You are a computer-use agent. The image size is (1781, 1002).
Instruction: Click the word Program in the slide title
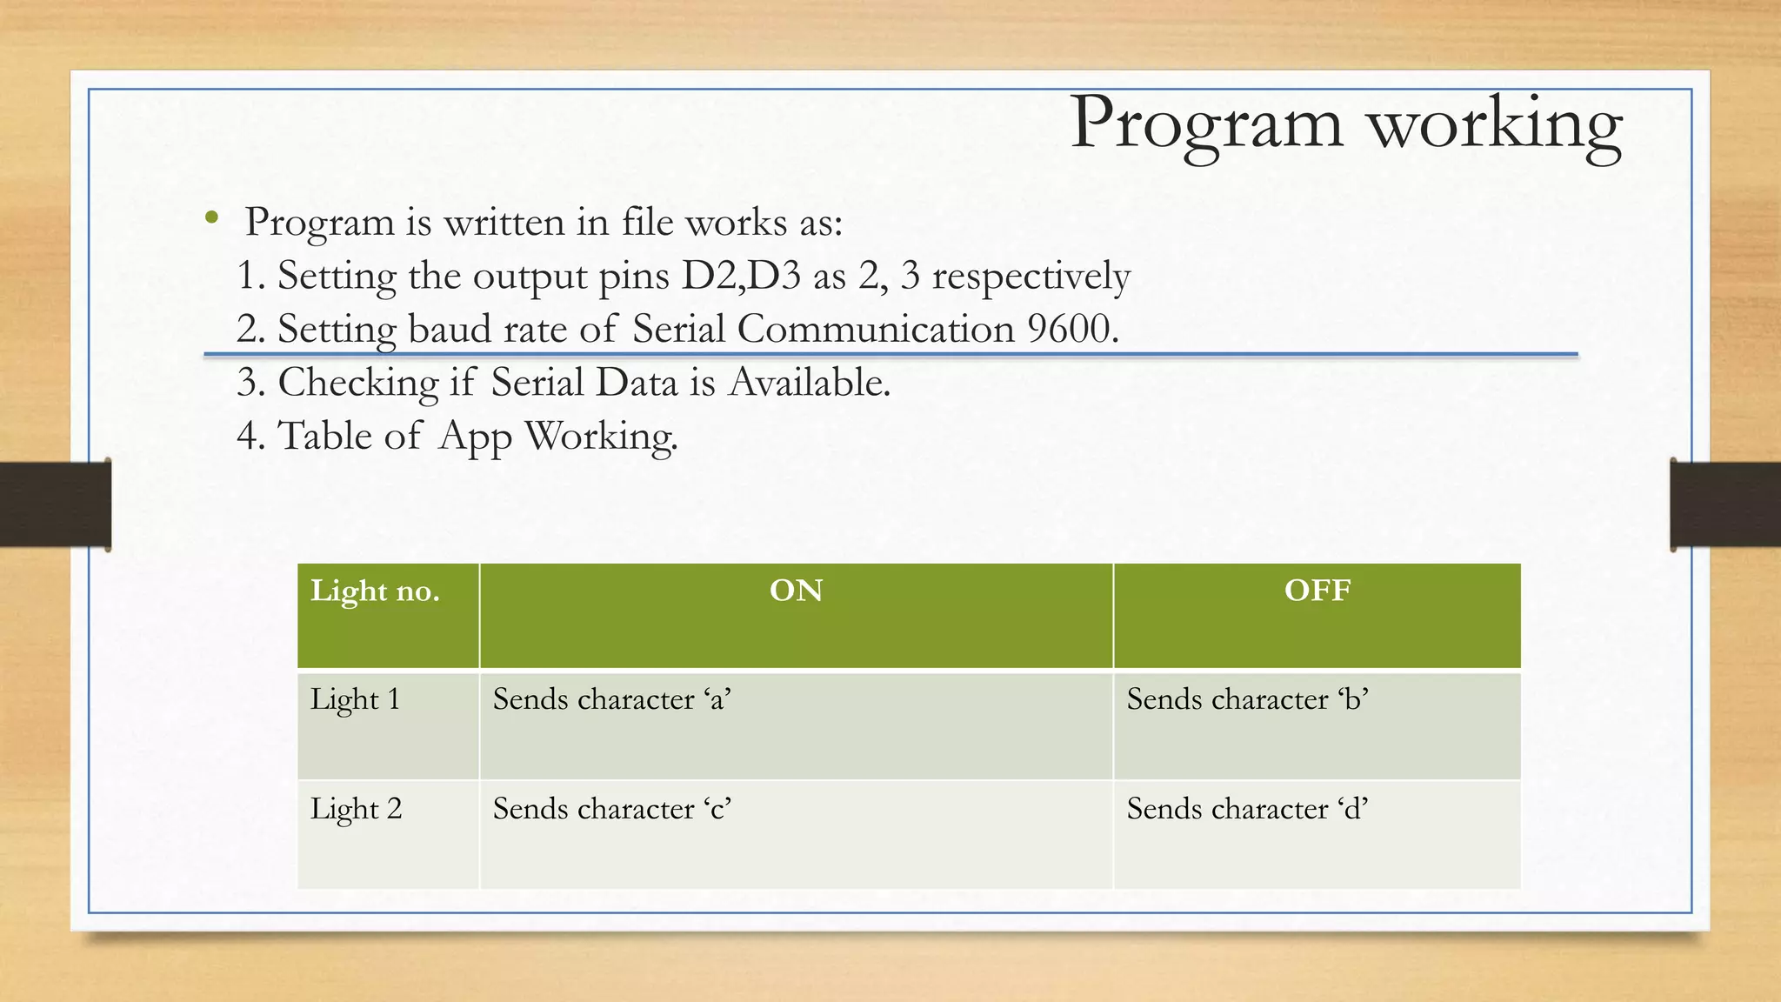[x=1206, y=124]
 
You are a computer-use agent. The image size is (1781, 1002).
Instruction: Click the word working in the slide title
[x=1496, y=124]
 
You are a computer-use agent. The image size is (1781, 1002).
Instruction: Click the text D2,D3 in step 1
[x=740, y=276]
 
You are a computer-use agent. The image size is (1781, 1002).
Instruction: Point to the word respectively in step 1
[x=1031, y=277]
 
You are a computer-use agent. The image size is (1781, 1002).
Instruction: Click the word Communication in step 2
[x=875, y=330]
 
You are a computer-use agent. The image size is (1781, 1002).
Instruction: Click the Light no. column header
[x=375, y=591]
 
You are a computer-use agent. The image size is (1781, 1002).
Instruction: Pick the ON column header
[x=796, y=591]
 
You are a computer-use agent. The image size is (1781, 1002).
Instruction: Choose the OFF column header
[x=1317, y=591]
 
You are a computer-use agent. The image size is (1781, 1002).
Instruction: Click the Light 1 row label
[x=355, y=700]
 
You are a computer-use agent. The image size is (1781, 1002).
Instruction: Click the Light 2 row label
[x=356, y=810]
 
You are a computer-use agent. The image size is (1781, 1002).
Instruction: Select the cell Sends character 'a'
[x=611, y=700]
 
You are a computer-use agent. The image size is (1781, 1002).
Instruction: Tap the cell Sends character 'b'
[x=1247, y=700]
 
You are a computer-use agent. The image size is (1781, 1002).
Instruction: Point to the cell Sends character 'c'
[x=611, y=810]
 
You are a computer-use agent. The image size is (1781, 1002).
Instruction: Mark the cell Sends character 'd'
[x=1247, y=810]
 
